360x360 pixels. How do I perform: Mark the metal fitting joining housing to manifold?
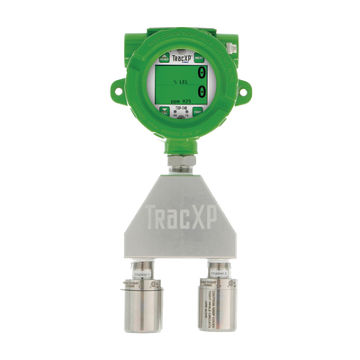point(180,163)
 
